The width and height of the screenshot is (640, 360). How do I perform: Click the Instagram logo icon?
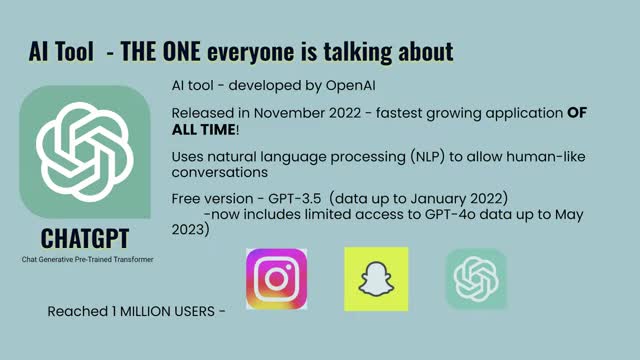click(276, 279)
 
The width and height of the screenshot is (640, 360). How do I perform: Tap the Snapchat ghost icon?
click(376, 279)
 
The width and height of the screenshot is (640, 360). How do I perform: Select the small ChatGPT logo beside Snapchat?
click(476, 279)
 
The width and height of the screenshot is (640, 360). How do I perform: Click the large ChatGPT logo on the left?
click(85, 151)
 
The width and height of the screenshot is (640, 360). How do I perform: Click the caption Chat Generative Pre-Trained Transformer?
click(87, 259)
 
